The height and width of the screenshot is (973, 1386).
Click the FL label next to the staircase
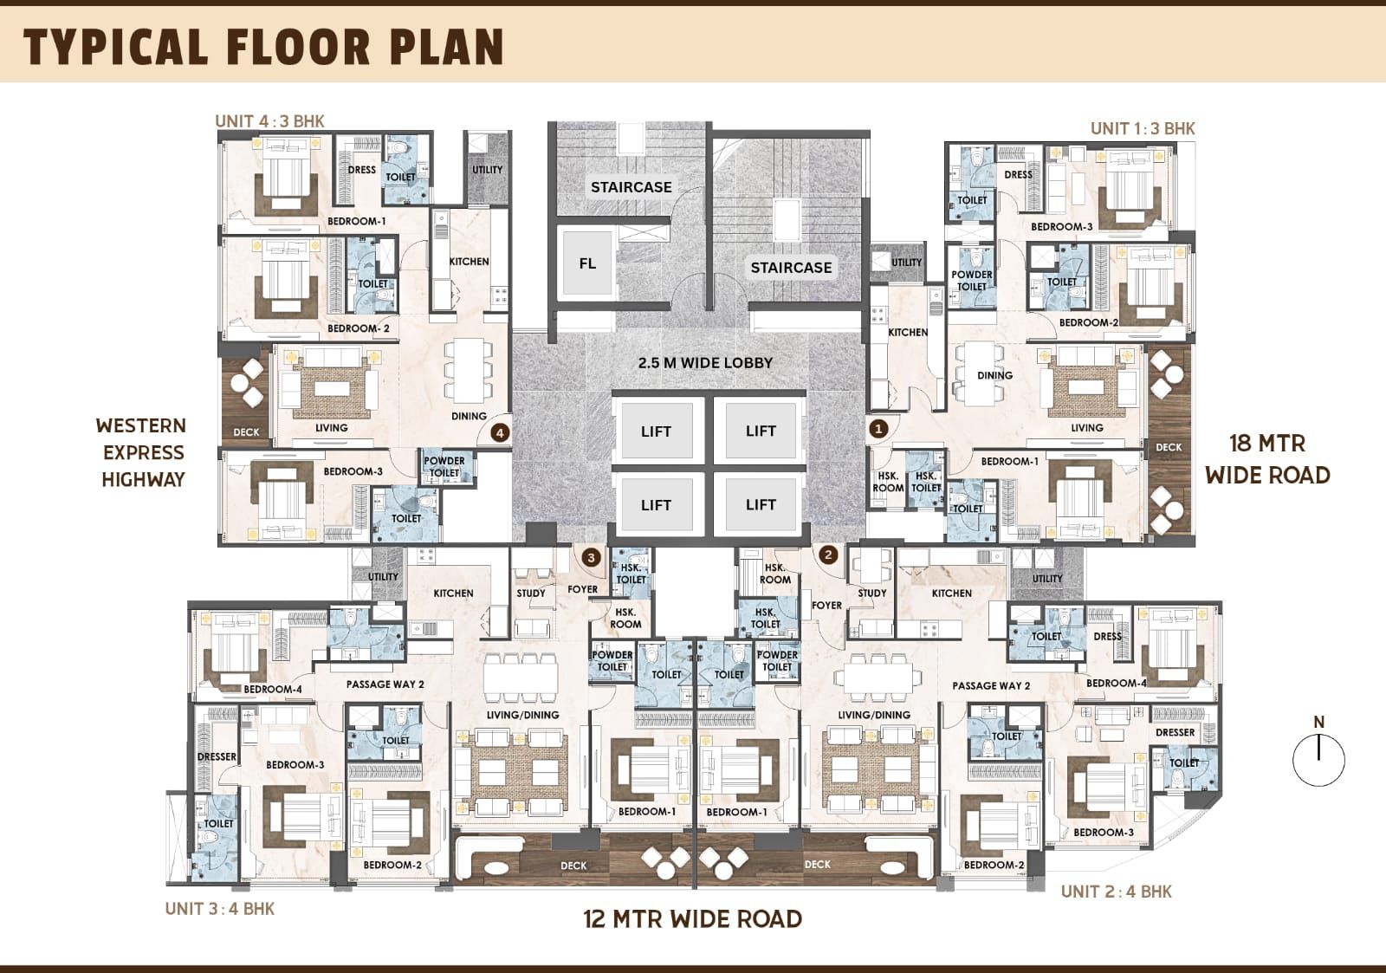tap(587, 263)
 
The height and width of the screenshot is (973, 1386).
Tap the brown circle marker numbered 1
tap(878, 428)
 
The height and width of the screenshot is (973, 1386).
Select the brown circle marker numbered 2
tap(828, 555)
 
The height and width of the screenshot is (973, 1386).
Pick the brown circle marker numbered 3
tap(591, 558)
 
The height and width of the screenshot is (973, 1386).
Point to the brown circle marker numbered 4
tap(500, 432)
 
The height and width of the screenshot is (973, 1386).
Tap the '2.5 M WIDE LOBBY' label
tap(705, 363)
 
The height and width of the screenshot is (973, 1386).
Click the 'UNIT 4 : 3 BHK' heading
tap(269, 121)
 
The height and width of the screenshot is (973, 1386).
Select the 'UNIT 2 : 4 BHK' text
tap(1117, 892)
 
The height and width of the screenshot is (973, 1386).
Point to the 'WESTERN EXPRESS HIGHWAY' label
tap(143, 452)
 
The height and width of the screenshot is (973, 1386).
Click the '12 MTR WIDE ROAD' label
tap(692, 919)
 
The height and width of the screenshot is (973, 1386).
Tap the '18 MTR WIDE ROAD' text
tap(1267, 459)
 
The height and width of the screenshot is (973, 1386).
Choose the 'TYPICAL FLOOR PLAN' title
tap(263, 47)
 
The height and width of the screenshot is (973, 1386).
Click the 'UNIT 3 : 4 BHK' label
tap(220, 909)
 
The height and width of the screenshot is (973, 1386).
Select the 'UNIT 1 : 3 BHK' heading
tap(1143, 129)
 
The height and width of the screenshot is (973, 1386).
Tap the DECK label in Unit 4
tap(246, 432)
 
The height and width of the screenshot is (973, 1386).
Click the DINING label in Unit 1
tap(995, 375)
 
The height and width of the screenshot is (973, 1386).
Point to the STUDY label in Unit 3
tap(531, 593)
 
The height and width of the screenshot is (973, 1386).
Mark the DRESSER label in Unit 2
tap(1175, 732)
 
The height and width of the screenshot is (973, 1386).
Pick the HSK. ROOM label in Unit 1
tap(888, 482)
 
